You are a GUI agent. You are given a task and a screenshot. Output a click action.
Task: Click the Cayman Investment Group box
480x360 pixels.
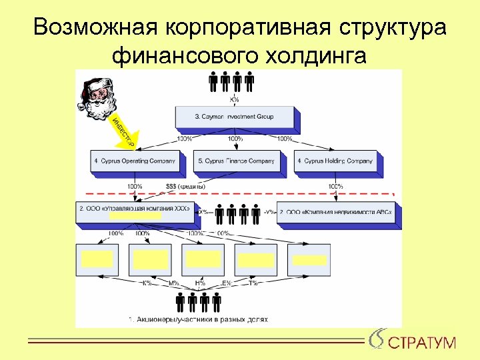(234, 117)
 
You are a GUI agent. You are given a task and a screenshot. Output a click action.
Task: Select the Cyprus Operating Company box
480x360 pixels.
(135, 161)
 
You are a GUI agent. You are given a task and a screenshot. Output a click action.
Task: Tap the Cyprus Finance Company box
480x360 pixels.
(235, 161)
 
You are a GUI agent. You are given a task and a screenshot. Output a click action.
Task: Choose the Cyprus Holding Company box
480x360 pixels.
(335, 161)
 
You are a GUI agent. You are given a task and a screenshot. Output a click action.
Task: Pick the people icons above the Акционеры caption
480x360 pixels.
(199, 303)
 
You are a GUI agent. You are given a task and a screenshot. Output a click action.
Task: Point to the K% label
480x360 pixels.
(147, 283)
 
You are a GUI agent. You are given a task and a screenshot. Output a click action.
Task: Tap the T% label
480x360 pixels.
(253, 283)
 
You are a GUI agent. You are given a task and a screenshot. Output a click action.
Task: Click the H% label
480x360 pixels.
(200, 283)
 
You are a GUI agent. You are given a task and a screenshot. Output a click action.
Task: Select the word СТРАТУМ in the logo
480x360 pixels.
(422, 343)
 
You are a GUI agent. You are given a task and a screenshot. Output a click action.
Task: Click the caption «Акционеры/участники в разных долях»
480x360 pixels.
(197, 319)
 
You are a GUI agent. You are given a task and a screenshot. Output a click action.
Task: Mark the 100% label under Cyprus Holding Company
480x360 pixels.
(336, 186)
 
